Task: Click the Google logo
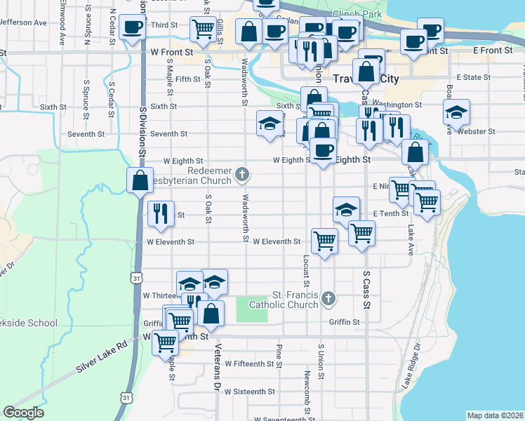click(x=23, y=413)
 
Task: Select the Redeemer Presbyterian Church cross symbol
click(x=241, y=173)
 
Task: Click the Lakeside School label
click(x=28, y=323)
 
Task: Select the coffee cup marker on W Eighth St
click(x=323, y=151)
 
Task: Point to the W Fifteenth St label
click(x=250, y=364)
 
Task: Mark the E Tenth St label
click(x=391, y=213)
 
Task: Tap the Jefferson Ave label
click(x=24, y=22)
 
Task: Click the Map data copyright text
click(x=494, y=415)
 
